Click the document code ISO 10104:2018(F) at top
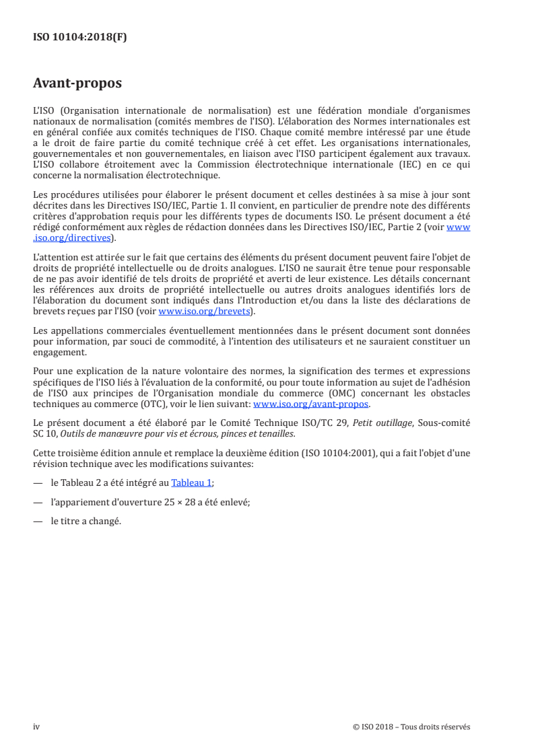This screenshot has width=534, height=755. [x=79, y=38]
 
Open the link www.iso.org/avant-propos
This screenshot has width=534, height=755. [x=311, y=404]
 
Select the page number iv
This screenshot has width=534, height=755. [x=37, y=726]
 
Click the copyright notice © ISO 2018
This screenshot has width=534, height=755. [x=411, y=727]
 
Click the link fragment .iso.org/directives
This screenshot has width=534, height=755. [x=75, y=238]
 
